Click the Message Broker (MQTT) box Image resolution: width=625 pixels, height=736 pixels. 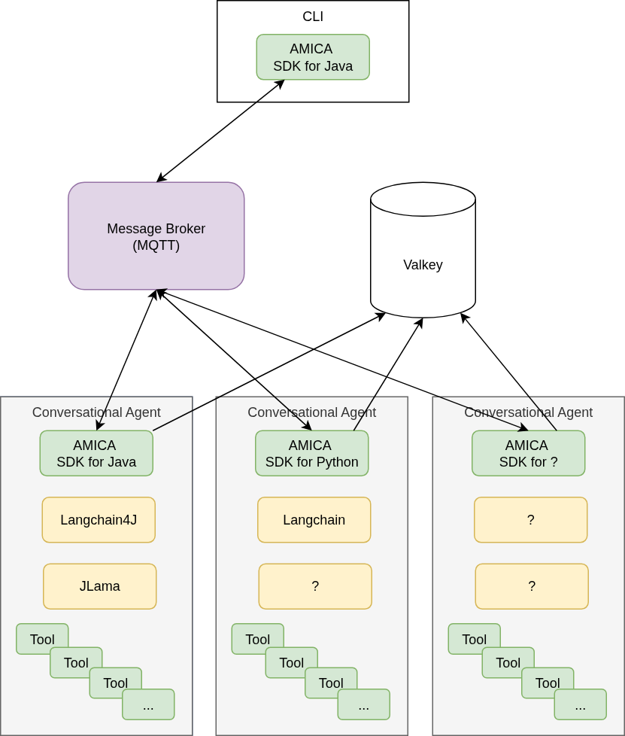[x=156, y=236]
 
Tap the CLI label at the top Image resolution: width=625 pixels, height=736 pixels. [x=313, y=17]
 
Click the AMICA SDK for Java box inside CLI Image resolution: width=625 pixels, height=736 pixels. [x=313, y=57]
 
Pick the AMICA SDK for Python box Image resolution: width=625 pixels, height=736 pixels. [x=311, y=453]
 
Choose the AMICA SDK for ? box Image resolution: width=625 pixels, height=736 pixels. [x=528, y=453]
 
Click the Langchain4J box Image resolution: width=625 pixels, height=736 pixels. [x=99, y=519]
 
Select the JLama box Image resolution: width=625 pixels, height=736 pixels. [x=100, y=586]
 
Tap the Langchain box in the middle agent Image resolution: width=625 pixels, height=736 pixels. [x=314, y=519]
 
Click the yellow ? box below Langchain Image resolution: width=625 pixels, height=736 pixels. [x=315, y=586]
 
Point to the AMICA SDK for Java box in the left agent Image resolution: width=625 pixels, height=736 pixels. [x=96, y=453]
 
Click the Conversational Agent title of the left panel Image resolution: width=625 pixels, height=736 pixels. [x=96, y=412]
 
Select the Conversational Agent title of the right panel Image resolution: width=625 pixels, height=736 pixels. [x=528, y=412]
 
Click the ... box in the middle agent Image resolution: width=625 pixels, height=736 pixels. [x=363, y=705]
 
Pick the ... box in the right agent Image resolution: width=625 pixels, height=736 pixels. [x=580, y=705]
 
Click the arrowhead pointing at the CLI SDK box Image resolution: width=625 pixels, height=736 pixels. [x=281, y=83]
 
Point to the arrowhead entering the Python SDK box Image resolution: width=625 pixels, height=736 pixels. [x=308, y=427]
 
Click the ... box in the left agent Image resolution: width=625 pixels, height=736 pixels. [x=148, y=705]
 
